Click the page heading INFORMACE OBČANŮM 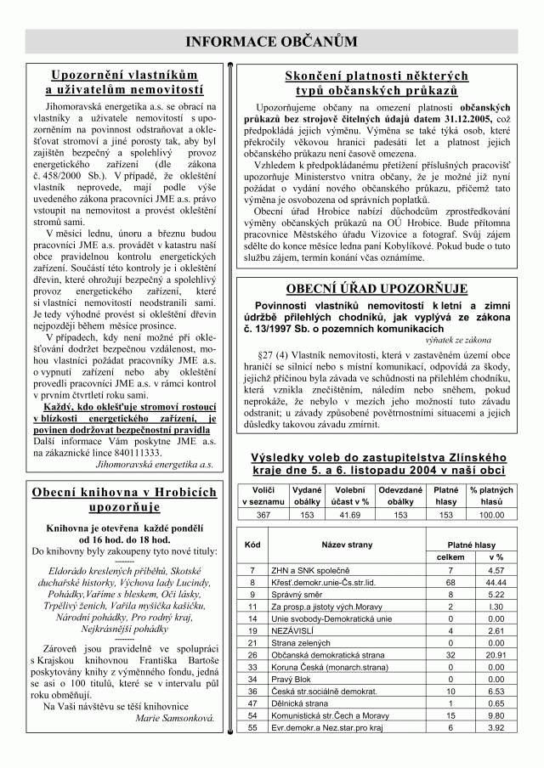[271, 42]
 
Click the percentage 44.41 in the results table [496, 583]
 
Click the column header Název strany [347, 544]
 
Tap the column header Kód [252, 544]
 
